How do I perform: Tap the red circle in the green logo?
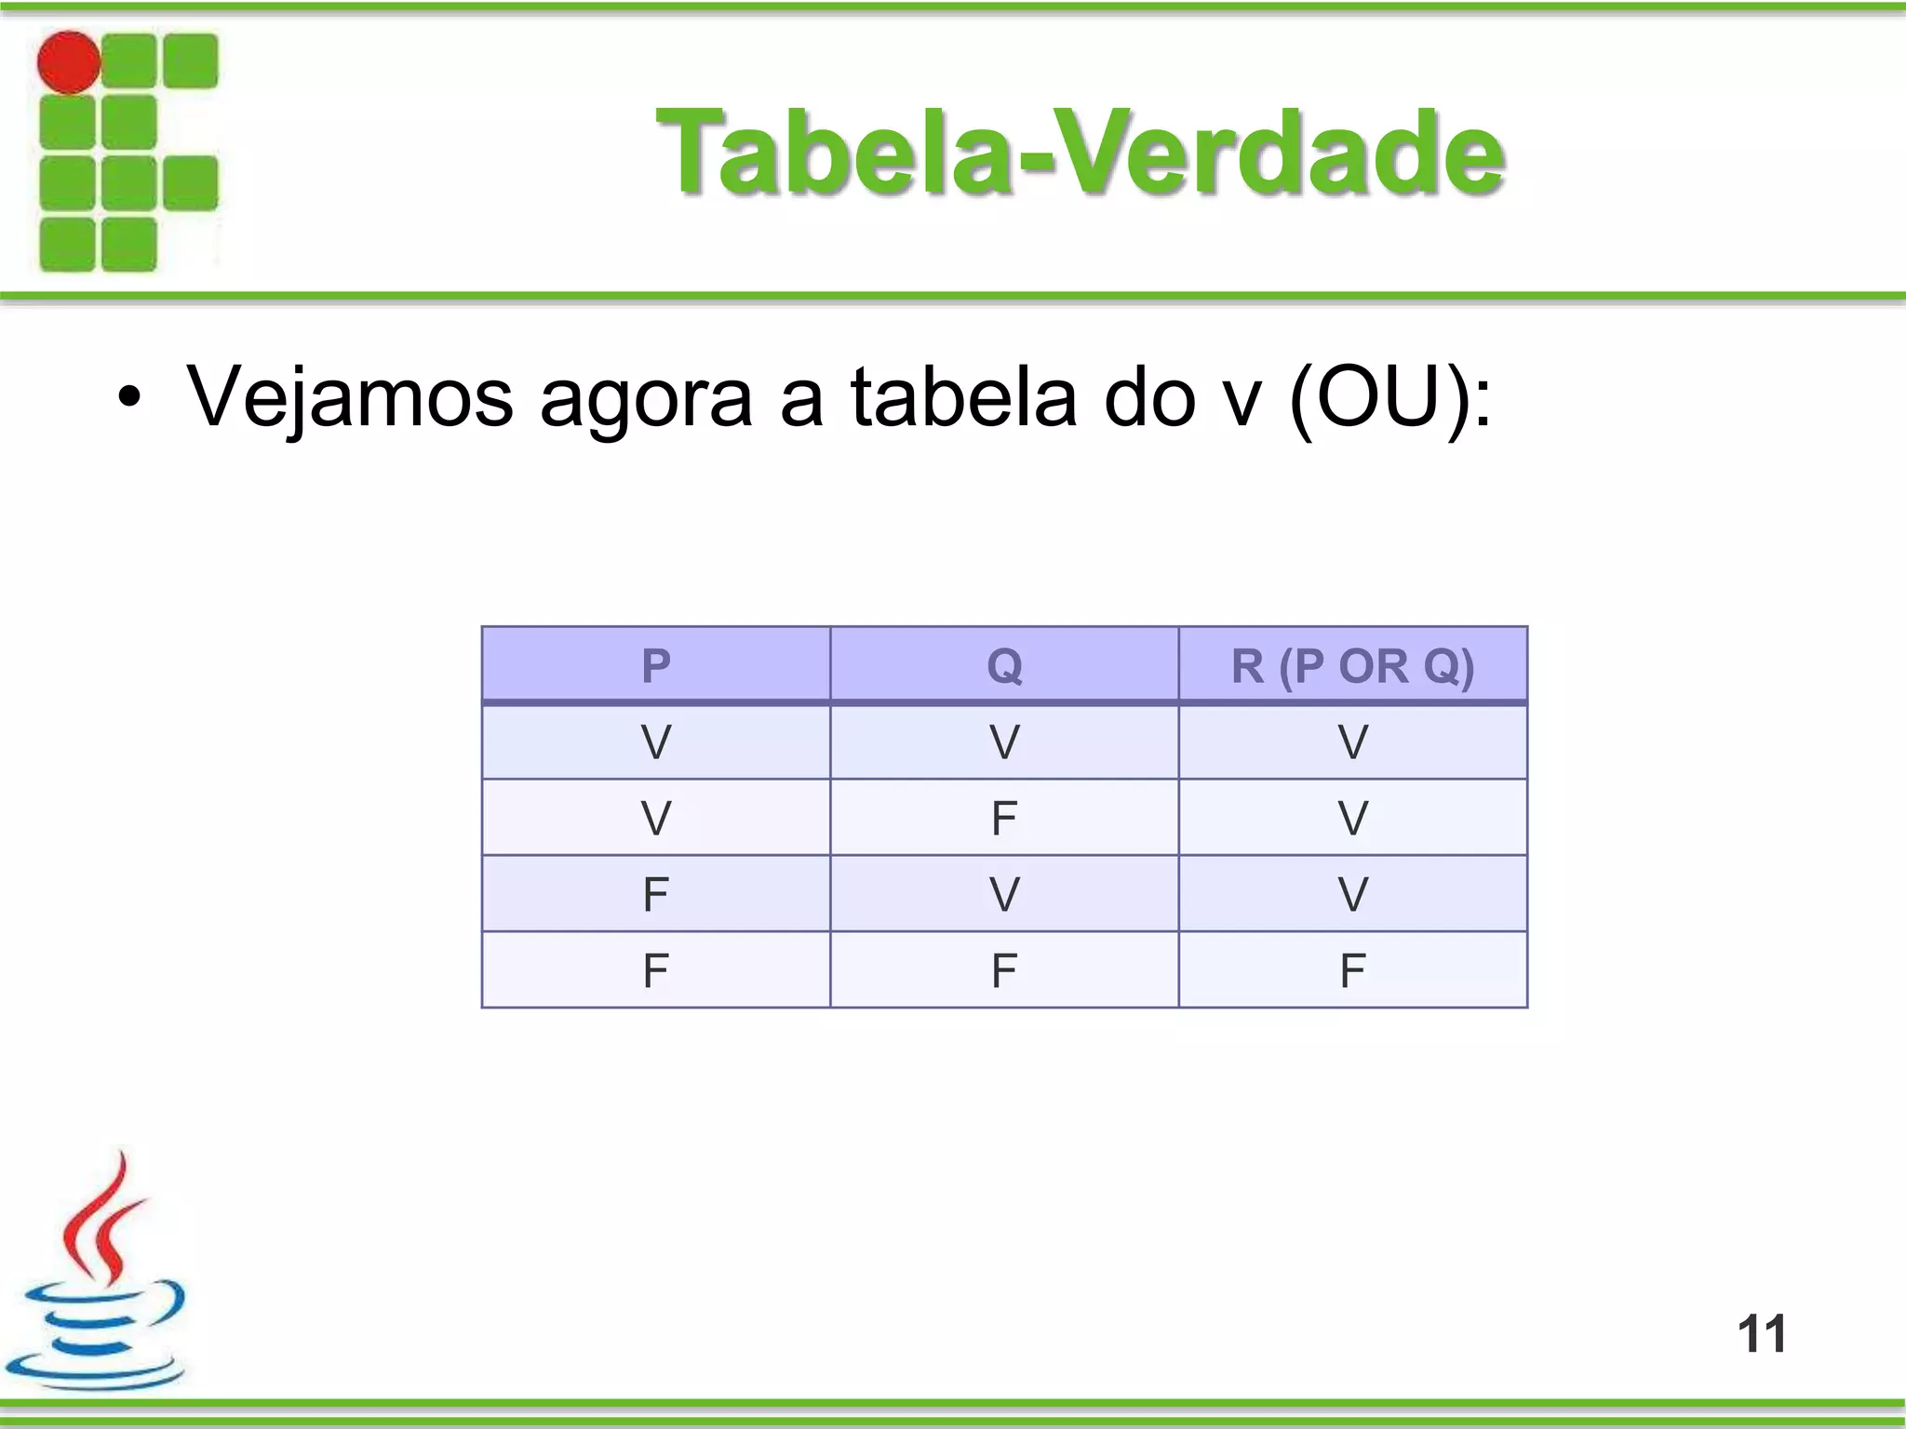(69, 62)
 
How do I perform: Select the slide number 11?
(1762, 1333)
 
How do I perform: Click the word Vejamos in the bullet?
(349, 397)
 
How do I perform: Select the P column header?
(656, 665)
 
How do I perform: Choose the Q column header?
(1004, 665)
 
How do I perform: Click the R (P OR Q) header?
(1352, 665)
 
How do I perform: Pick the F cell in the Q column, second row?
(1004, 818)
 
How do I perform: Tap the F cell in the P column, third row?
(656, 894)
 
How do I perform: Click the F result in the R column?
(1352, 970)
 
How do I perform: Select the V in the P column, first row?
(656, 742)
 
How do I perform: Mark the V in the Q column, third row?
(1004, 894)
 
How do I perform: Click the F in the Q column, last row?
(1004, 970)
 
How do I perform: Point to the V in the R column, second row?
(1352, 818)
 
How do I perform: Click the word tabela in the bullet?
(963, 397)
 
